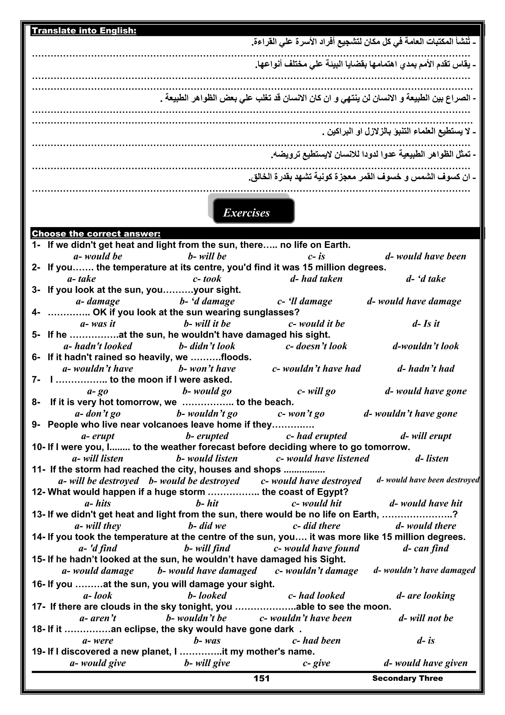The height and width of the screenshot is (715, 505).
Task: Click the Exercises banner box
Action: pos(253,211)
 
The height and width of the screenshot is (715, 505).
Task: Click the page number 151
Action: pos(261,678)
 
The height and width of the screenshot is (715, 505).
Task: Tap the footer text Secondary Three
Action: pos(407,678)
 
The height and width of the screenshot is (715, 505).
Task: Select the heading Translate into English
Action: pos(84,31)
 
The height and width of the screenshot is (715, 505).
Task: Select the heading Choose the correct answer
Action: pos(96,233)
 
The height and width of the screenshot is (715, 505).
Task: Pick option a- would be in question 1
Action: pos(98,256)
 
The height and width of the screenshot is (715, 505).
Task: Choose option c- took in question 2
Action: pos(207,279)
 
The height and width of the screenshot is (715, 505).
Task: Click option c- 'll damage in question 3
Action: pos(304,301)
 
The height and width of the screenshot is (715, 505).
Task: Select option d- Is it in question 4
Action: pos(425,324)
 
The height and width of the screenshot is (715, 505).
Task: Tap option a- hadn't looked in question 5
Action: pos(98,346)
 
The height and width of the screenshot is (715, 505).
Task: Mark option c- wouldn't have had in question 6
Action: pos(316,368)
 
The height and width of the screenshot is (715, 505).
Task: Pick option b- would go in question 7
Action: pos(207,391)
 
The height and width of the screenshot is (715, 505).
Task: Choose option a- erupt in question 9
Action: pos(98,436)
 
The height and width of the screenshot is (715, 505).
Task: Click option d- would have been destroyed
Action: pos(428,480)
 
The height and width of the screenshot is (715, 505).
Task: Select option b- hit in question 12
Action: pos(207,503)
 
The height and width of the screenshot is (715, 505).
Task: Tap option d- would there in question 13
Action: pos(425,526)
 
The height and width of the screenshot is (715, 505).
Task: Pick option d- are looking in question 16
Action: pos(425,595)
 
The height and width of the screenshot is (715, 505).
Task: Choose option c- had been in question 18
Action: pos(316,640)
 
